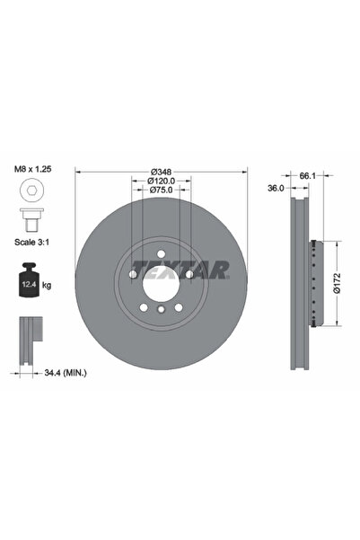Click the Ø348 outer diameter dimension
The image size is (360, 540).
pyautogui.click(x=161, y=173)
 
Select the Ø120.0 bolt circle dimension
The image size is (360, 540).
pyautogui.click(x=161, y=181)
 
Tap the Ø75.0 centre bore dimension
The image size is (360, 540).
pyautogui.click(x=161, y=190)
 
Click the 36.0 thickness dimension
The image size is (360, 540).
pyautogui.click(x=277, y=189)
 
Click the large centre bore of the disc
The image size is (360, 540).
pyautogui.click(x=161, y=283)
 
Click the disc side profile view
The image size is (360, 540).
pyautogui.click(x=302, y=283)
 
